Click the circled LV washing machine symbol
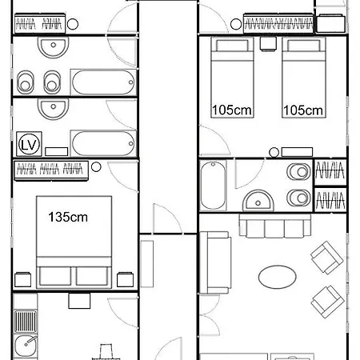point(29,144)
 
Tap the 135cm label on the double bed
point(68,217)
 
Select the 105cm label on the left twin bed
point(232,110)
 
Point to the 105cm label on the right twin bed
point(303,110)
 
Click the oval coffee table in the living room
point(278,277)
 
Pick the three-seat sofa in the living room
point(275,226)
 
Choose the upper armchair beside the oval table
point(326,258)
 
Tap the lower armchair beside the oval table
point(327,302)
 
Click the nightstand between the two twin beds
point(268,44)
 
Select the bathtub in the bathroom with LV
point(103,143)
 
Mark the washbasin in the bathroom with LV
point(54,108)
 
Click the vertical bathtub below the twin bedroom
point(213,186)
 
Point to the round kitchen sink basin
point(26,346)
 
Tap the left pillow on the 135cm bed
point(55,276)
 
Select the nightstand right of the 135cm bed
point(125,279)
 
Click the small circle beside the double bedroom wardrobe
point(96,167)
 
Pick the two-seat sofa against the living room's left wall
point(215,262)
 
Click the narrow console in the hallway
point(147,264)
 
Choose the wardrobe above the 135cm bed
point(51,170)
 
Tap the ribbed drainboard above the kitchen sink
point(26,322)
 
